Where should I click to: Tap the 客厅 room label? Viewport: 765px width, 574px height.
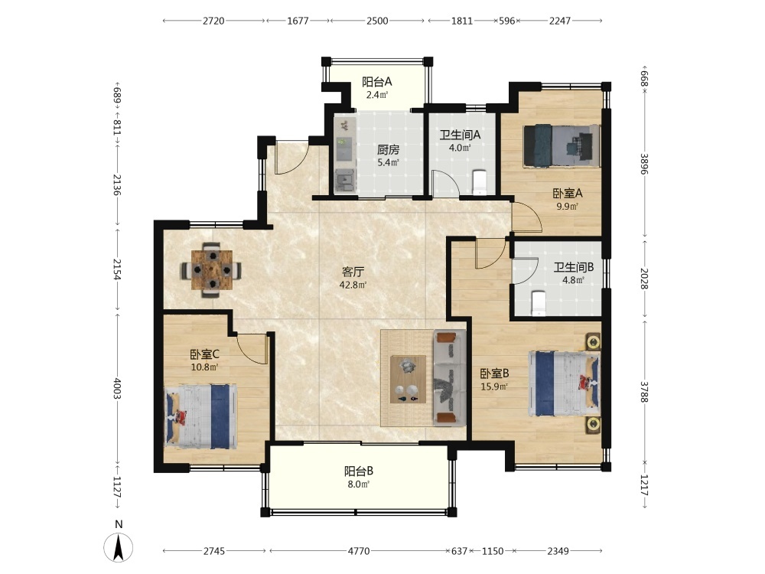353,272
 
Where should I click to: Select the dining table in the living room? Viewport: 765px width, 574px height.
211,269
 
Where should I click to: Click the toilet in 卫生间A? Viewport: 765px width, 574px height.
480,182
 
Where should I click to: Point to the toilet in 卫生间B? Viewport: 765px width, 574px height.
538,302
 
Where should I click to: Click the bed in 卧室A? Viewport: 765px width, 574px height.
561,145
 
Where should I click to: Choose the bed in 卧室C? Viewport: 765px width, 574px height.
201,416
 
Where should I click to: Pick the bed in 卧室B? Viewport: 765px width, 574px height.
565,383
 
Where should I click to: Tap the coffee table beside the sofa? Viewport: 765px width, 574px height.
408,380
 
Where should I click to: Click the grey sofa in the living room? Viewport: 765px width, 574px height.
448,377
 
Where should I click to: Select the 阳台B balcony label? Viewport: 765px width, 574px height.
359,471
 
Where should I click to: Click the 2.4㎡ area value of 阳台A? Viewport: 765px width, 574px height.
377,95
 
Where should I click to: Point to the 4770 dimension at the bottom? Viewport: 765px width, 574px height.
359,551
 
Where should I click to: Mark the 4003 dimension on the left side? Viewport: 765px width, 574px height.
117,388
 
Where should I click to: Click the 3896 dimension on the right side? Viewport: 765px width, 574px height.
644,164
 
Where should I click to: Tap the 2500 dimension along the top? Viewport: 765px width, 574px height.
377,21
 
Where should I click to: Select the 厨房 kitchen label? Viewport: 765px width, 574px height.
389,150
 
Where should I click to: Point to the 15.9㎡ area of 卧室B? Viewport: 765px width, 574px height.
494,386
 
